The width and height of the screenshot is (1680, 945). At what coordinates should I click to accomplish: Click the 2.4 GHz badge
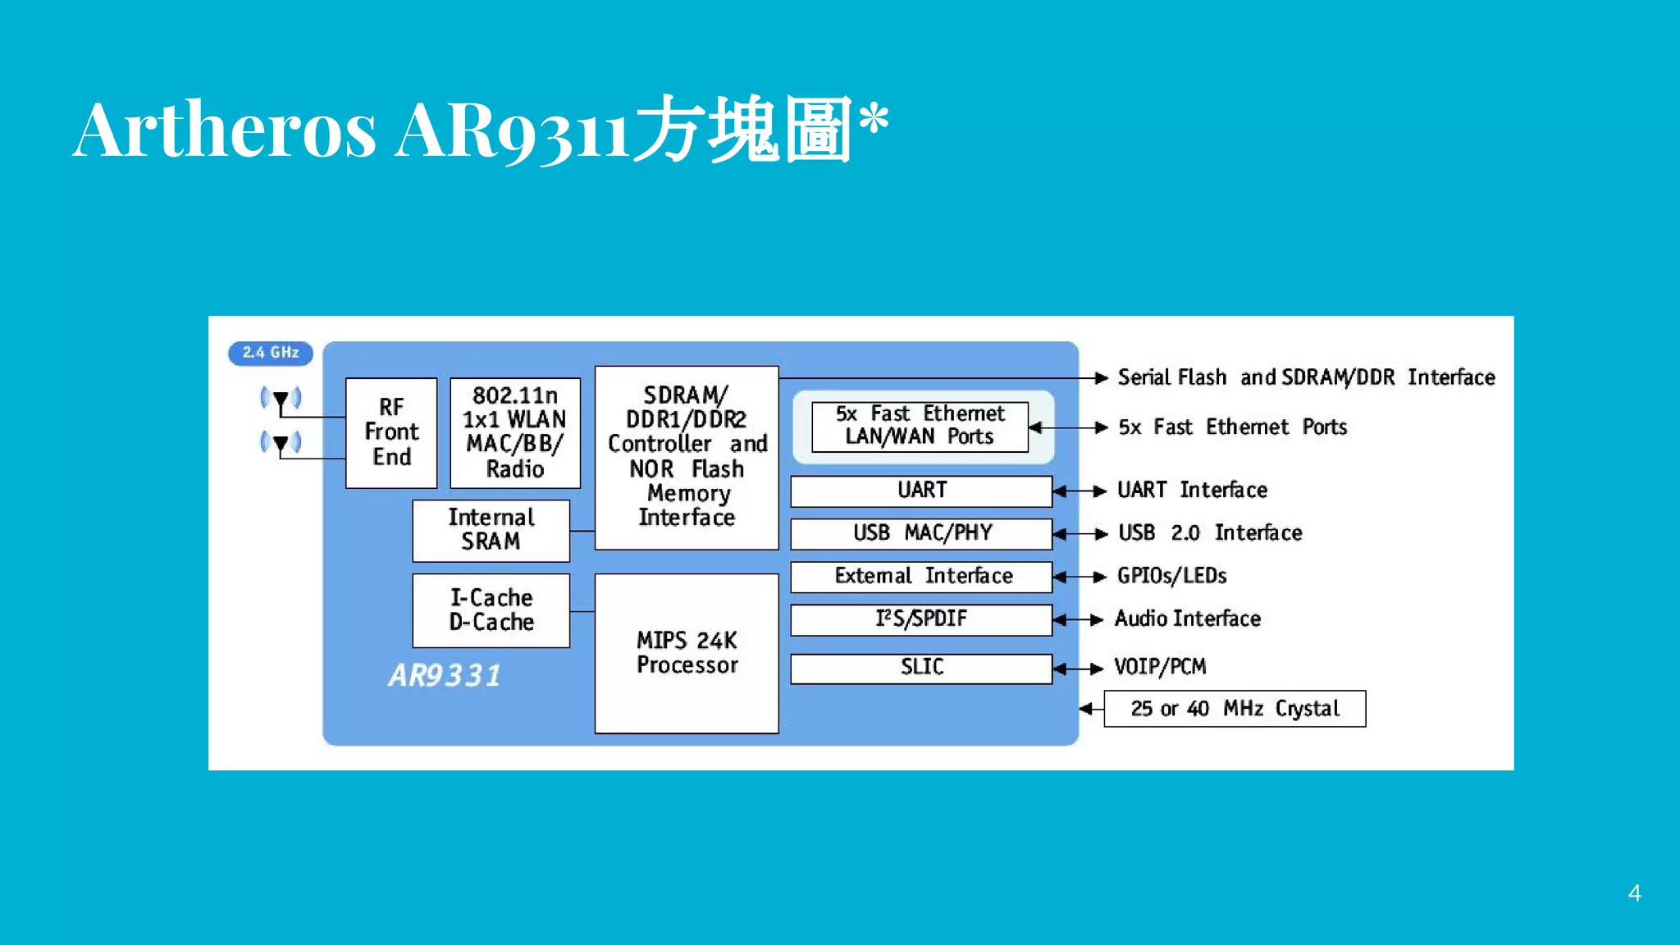click(x=270, y=353)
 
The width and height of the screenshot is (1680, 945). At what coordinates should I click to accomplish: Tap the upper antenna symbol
click(x=281, y=400)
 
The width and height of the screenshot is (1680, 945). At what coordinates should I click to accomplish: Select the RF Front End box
click(x=391, y=432)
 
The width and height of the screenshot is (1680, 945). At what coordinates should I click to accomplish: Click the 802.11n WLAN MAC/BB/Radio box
click(x=515, y=432)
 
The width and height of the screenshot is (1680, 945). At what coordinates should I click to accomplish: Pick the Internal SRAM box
click(x=491, y=530)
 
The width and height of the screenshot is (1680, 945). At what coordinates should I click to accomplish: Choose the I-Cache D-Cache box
click(x=491, y=610)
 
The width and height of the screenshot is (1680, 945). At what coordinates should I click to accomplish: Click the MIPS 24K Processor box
click(x=687, y=653)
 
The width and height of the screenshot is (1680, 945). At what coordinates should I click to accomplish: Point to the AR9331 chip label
click(x=445, y=676)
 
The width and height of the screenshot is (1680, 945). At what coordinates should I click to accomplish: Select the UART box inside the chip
click(x=921, y=491)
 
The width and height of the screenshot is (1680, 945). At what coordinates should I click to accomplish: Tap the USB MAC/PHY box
click(x=921, y=533)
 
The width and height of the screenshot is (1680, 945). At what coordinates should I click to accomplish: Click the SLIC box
click(x=921, y=668)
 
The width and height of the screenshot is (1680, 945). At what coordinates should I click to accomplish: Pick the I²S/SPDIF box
click(x=921, y=619)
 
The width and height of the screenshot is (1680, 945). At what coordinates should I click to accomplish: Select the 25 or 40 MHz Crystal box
click(x=1235, y=709)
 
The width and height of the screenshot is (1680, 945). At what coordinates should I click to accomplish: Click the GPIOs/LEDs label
click(x=1171, y=576)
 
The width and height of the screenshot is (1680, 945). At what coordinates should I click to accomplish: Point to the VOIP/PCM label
click(x=1160, y=667)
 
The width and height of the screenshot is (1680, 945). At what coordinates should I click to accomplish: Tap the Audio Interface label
click(x=1187, y=619)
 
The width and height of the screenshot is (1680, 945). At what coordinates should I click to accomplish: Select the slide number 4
click(x=1634, y=893)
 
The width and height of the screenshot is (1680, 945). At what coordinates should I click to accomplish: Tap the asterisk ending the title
click(x=874, y=118)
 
